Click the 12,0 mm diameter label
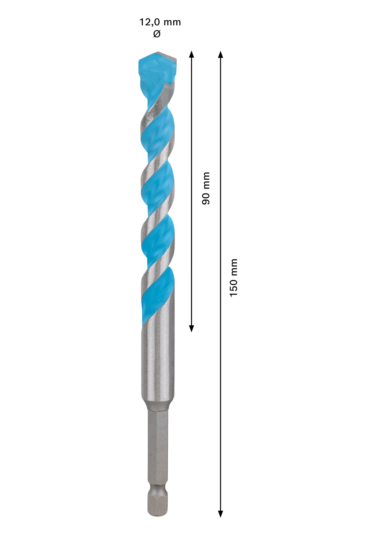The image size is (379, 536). click(160, 22)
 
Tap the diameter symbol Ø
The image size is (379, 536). click(157, 34)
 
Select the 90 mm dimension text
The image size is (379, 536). click(206, 188)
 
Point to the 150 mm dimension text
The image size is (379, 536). click(234, 277)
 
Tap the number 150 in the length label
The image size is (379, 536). click(234, 287)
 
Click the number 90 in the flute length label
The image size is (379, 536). click(206, 198)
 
